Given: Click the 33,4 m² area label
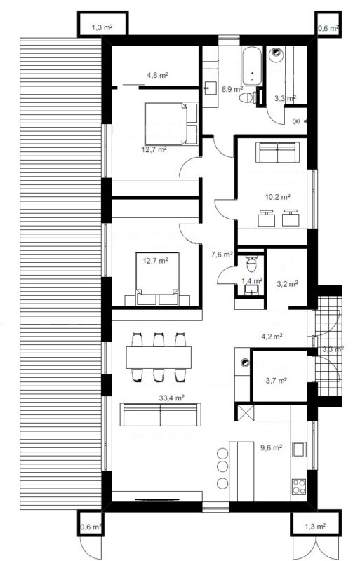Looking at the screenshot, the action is point(172,398).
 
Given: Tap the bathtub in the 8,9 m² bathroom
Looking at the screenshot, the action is point(253,66).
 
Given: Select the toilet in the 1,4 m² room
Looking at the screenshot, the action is point(252,264).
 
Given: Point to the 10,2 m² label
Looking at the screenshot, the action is point(278,196).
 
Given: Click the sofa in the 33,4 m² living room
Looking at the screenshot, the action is point(161,414).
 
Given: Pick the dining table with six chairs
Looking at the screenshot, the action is point(159,357).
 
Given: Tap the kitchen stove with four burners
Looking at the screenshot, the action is point(299,487).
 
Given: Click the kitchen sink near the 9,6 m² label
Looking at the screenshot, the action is point(299,450).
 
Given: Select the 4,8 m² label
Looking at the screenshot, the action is point(158,76).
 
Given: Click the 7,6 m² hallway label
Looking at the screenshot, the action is point(222,255).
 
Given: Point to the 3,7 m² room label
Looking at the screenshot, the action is point(276,381).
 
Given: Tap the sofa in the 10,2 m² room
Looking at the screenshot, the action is point(278,152).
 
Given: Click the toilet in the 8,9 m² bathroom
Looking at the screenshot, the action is point(248,97).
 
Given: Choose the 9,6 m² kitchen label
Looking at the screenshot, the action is point(271,447).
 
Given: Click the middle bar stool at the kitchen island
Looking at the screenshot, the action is point(222,466).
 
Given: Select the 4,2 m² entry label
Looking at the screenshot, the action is point(272,337).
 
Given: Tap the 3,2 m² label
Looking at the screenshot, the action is point(288,284).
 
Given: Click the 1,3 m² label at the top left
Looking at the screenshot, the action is point(102,27).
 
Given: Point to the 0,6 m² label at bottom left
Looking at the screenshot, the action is point(91,527).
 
